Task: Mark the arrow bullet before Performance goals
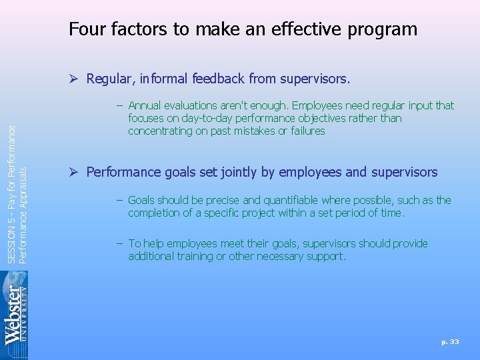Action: pyautogui.click(x=74, y=173)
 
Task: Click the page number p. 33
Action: pyautogui.click(x=450, y=341)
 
